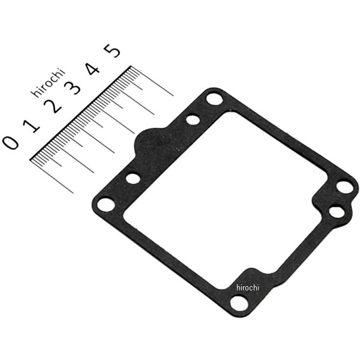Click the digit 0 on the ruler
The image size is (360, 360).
(x=10, y=142)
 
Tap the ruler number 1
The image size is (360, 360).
(x=31, y=125)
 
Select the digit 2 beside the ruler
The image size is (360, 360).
(x=53, y=106)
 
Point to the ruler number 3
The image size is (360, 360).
(x=73, y=88)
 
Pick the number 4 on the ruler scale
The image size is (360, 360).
(x=92, y=69)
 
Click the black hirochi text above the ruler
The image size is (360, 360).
(x=48, y=83)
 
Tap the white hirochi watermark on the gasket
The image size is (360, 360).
(x=247, y=287)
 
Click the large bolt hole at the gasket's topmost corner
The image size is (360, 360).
(x=214, y=99)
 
